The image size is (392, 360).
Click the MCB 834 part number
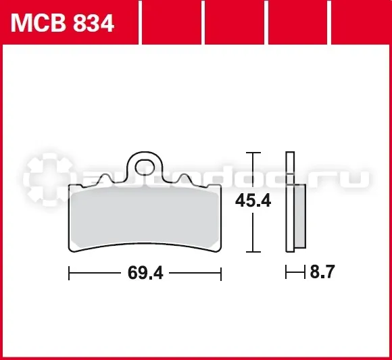62,23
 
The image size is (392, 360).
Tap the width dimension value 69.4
145,273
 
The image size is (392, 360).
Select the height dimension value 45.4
253,201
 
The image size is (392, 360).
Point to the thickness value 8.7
322,272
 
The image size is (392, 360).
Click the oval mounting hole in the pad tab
145,167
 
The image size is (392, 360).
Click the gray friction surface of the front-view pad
145,217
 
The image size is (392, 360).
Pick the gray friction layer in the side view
300,216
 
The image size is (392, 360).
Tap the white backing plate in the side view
290,201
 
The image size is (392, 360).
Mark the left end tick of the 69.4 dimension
69,273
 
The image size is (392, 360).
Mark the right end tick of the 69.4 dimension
221,273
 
